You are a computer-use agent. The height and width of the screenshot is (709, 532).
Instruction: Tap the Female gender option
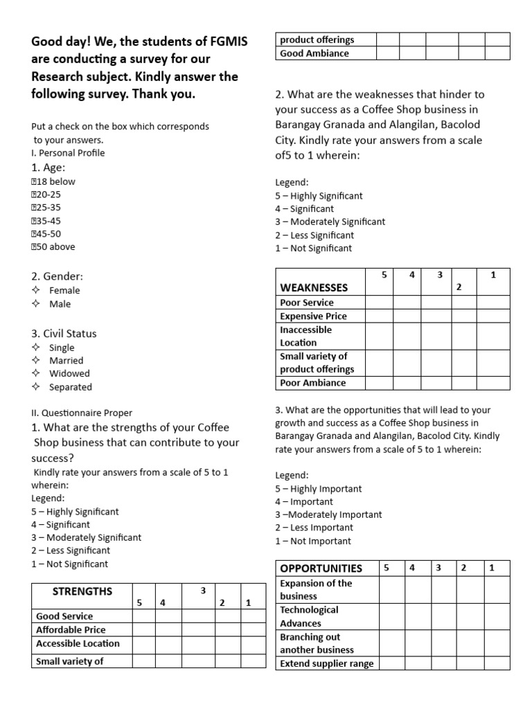64,290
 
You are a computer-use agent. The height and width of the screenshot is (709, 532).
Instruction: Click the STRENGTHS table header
82,591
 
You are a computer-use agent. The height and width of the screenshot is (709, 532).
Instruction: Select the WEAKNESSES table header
314,287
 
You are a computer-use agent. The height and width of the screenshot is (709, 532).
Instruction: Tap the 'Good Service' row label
64,616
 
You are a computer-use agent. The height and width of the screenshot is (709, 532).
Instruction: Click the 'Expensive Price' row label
313,316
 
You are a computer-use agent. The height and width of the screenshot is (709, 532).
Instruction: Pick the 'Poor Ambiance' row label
312,383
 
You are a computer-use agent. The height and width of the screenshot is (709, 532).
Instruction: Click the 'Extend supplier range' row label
326,663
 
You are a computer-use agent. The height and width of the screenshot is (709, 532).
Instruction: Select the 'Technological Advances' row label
309,616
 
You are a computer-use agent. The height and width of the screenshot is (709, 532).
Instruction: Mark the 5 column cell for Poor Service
379,303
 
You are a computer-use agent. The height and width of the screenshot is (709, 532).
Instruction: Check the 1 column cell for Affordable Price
253,630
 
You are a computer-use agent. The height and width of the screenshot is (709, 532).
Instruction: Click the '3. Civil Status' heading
64,333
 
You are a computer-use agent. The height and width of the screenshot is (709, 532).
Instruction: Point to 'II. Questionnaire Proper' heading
82,413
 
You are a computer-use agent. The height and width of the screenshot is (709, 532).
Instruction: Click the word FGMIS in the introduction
226,43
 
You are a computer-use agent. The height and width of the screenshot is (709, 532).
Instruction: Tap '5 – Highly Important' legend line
318,488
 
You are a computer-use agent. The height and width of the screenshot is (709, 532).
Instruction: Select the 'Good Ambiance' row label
314,53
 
